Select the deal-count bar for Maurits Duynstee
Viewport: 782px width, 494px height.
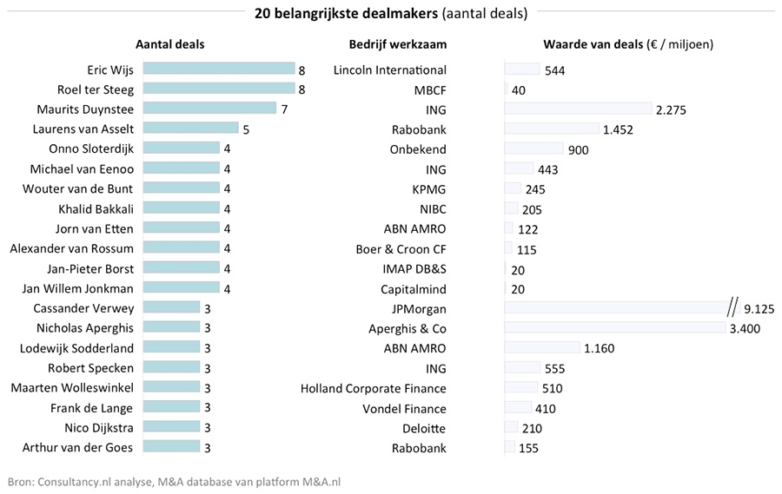pos(209,109)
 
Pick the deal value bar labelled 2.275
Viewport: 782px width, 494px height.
pos(578,109)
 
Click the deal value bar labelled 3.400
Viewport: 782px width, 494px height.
pos(614,327)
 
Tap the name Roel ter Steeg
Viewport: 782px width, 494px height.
pos(96,89)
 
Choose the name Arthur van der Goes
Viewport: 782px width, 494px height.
pos(78,447)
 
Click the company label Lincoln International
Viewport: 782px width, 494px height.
pos(389,69)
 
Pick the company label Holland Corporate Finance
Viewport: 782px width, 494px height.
pos(374,388)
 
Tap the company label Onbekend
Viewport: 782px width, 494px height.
pos(418,148)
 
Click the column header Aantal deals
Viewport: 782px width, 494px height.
pos(170,44)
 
